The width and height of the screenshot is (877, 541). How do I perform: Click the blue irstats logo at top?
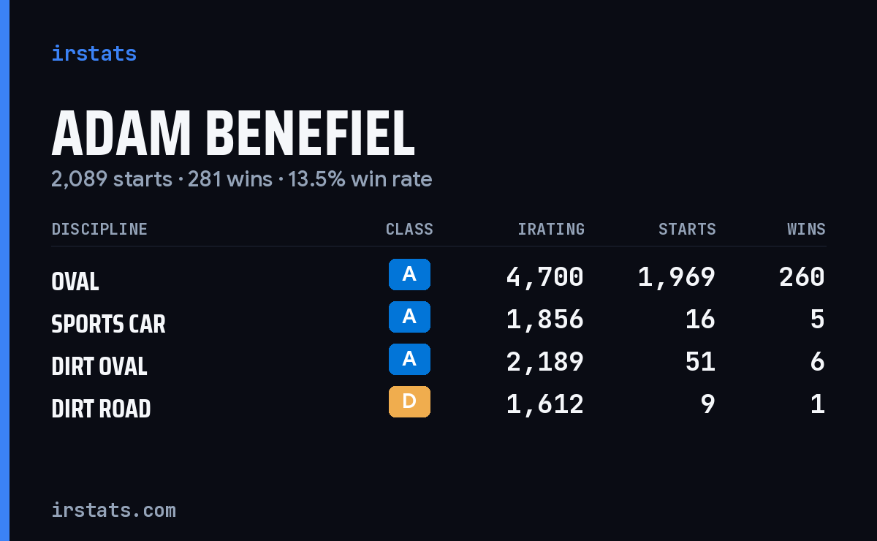(x=94, y=53)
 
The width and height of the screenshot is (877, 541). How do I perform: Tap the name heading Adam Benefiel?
(x=233, y=133)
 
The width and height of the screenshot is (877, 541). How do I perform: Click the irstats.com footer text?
(x=113, y=510)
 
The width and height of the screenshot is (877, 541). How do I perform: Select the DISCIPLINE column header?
(x=99, y=229)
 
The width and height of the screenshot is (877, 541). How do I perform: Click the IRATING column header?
(x=551, y=229)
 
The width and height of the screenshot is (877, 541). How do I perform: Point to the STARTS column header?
(x=687, y=229)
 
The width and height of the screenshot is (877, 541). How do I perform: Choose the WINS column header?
(x=807, y=229)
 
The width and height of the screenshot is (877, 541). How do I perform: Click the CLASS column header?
(x=409, y=229)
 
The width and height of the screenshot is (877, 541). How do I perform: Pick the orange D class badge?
(x=409, y=401)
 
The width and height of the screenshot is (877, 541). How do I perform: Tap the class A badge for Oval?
(x=409, y=274)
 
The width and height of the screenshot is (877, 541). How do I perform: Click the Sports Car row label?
(x=108, y=324)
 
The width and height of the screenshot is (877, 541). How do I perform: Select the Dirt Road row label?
(x=101, y=409)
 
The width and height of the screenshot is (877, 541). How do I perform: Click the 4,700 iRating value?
(x=545, y=277)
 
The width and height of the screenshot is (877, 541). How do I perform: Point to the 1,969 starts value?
(x=677, y=277)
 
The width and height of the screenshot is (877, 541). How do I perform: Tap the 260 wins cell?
(x=802, y=277)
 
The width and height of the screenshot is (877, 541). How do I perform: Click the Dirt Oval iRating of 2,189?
(x=545, y=362)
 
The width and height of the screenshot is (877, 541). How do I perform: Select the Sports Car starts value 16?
(x=700, y=319)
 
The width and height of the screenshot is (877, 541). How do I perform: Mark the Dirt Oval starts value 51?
(x=700, y=362)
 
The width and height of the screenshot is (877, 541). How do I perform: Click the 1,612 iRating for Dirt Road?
(x=545, y=404)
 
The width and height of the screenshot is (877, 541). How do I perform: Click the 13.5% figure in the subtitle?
(x=316, y=179)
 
